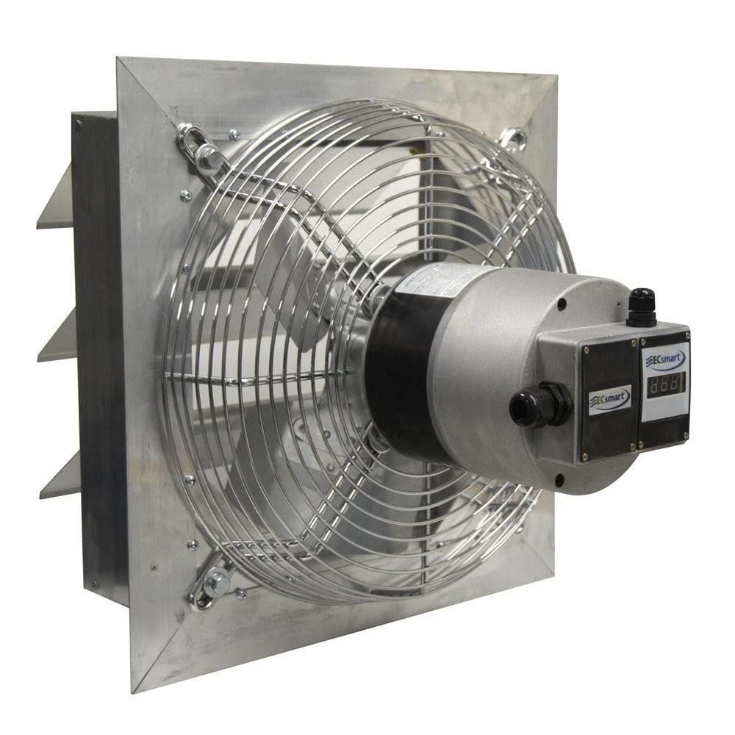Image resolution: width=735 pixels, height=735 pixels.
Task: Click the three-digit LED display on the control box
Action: (664, 384)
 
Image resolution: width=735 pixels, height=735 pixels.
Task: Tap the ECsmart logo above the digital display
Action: (666, 359)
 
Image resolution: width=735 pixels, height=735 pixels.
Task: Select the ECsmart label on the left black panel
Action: (609, 400)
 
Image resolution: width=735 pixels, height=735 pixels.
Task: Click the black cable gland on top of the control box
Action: (641, 307)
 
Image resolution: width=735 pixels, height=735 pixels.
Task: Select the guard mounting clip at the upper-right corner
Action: (514, 140)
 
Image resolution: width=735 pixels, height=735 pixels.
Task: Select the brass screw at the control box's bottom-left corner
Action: (586, 457)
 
